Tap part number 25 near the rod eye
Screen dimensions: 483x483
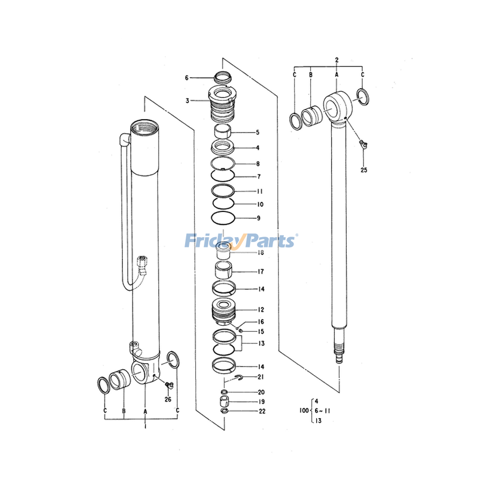coord(364,170)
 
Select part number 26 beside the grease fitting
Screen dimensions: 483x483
coord(167,399)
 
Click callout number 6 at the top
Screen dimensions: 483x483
coord(187,78)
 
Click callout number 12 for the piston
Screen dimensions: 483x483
coord(261,310)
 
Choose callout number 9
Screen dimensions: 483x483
coord(259,218)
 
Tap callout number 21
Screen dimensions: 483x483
coord(261,377)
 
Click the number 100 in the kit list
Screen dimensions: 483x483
coord(304,411)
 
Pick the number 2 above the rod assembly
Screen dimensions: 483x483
coord(336,58)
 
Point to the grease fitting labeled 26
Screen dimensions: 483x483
coord(169,384)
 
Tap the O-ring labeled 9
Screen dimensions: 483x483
coord(223,218)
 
